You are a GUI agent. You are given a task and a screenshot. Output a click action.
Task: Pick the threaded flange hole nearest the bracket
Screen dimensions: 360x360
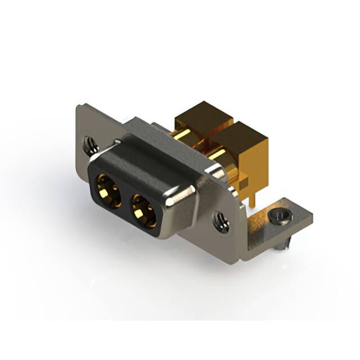(220, 220)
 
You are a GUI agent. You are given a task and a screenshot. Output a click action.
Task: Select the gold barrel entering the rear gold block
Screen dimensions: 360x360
(183, 135)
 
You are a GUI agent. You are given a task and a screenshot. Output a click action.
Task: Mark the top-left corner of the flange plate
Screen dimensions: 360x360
(78, 106)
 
